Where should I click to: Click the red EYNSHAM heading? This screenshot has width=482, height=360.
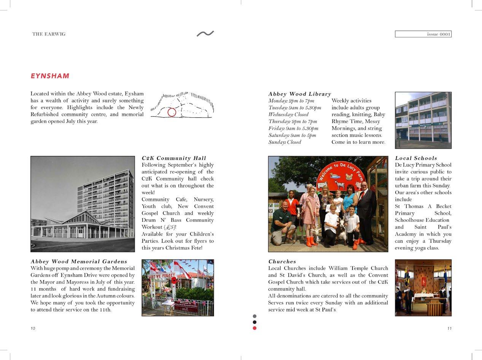(x=50, y=76)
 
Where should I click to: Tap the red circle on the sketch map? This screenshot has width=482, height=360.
(x=172, y=112)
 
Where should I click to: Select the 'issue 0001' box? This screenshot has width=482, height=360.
(x=423, y=34)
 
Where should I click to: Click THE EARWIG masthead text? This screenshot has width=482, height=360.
(x=49, y=34)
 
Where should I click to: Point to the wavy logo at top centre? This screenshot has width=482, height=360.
(x=205, y=34)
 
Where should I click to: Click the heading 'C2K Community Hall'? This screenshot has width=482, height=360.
(x=174, y=158)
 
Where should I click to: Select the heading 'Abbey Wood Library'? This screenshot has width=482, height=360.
(x=299, y=94)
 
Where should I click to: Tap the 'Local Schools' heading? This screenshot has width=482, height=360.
(x=416, y=158)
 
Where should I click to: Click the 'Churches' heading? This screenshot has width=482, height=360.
(x=282, y=261)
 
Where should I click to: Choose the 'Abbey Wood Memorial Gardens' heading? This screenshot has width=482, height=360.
(x=79, y=261)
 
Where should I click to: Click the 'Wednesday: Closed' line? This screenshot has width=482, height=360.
(x=288, y=115)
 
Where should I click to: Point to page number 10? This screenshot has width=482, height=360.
(x=33, y=328)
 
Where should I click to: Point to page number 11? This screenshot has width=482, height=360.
(x=449, y=328)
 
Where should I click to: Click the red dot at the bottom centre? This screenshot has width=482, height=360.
(x=255, y=328)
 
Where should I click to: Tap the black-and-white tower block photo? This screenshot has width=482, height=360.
(x=83, y=204)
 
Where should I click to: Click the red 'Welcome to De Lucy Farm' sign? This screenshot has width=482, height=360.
(x=340, y=175)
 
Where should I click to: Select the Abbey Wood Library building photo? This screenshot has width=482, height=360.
(x=423, y=120)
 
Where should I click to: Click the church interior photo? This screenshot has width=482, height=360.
(x=423, y=288)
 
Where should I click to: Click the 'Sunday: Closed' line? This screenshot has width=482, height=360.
(x=285, y=142)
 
